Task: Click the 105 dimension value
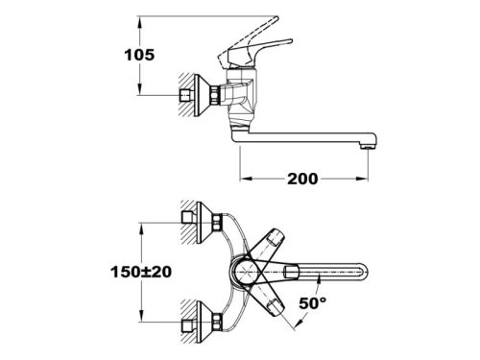(x=139, y=55)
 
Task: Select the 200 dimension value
(x=302, y=179)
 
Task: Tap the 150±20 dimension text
(x=141, y=272)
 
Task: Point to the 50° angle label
(x=313, y=302)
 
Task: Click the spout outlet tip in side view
(x=367, y=146)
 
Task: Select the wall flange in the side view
(x=201, y=95)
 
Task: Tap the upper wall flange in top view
(x=204, y=223)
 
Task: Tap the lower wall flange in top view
(x=204, y=323)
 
